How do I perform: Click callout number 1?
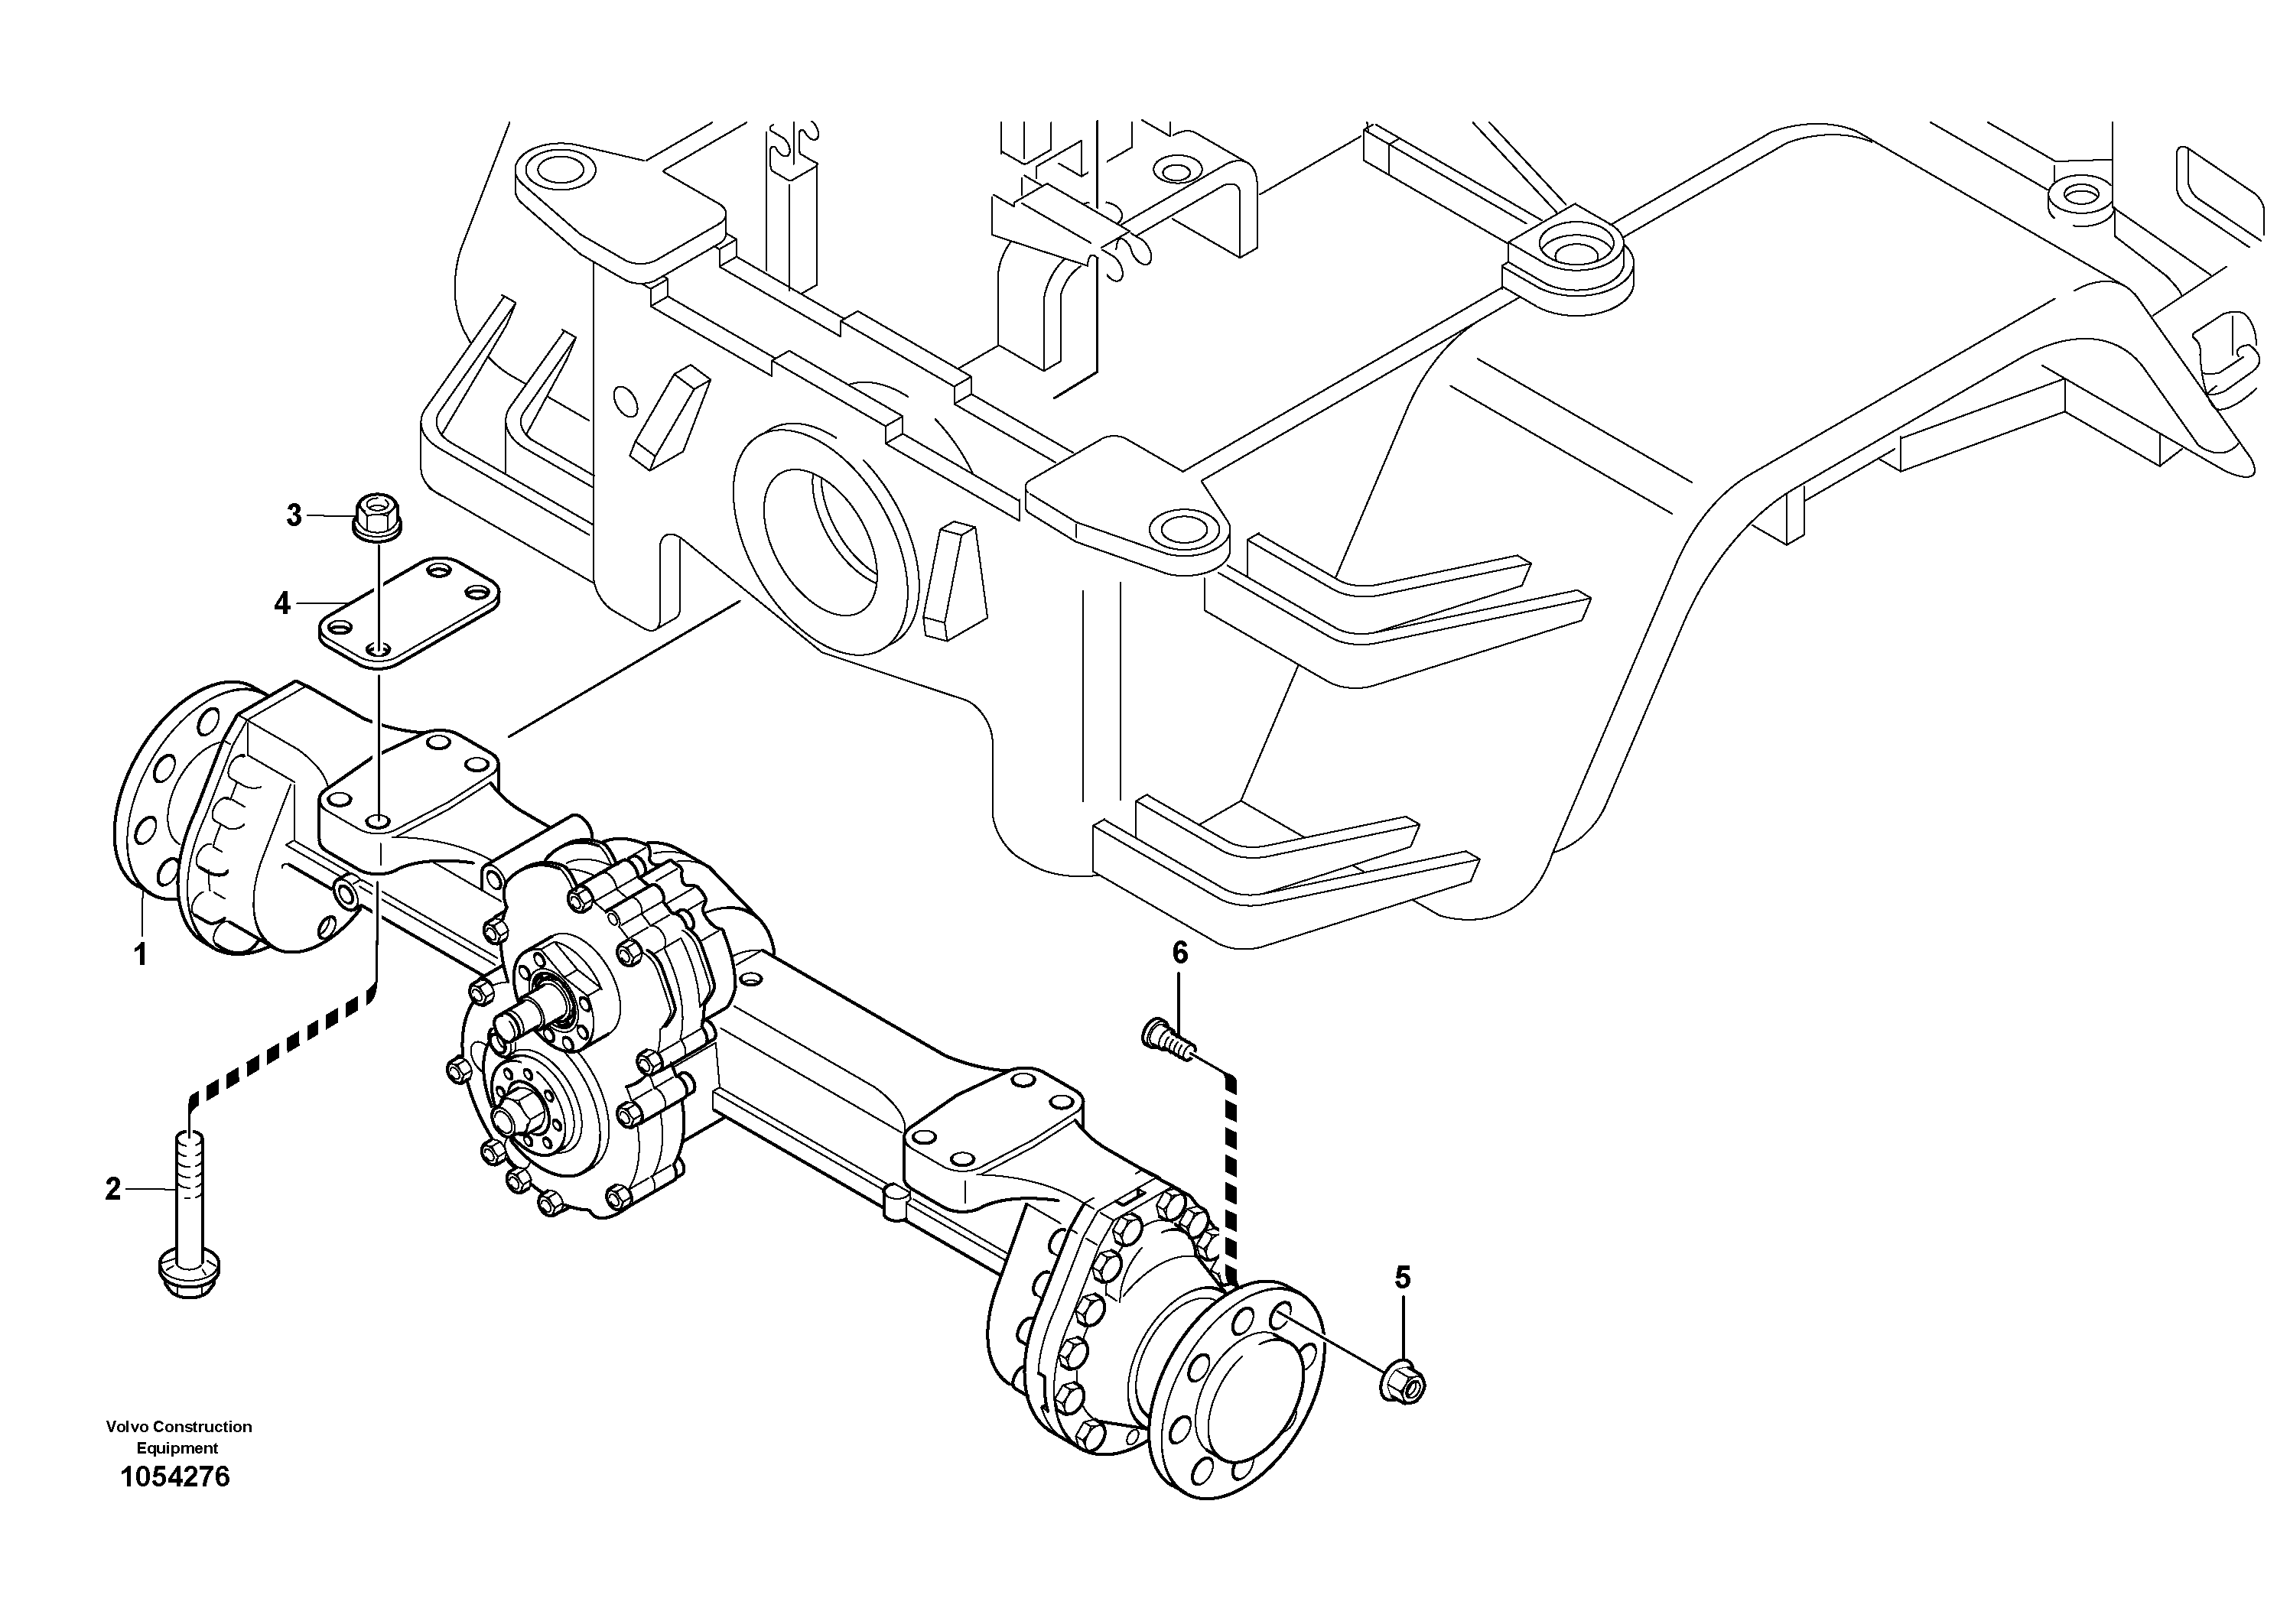click(x=141, y=955)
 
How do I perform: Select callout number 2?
click(x=113, y=1189)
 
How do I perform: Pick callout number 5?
click(x=1402, y=1278)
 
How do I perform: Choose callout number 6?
click(x=1179, y=953)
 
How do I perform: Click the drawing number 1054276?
click(x=174, y=1478)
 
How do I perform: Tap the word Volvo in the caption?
click(x=127, y=1427)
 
